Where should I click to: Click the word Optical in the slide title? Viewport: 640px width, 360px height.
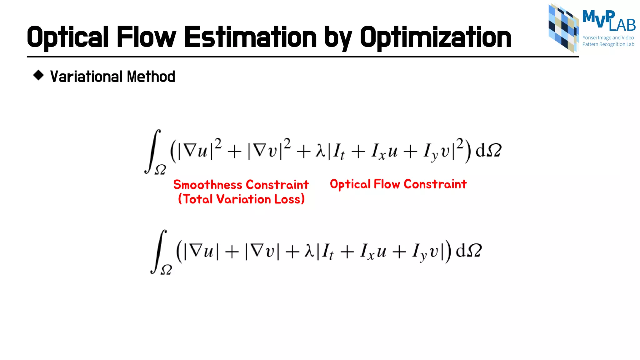(x=67, y=37)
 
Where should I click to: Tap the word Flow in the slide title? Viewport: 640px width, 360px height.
(x=146, y=37)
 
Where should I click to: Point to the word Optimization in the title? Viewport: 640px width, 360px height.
(x=436, y=37)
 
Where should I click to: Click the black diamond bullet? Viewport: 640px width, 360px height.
(x=38, y=75)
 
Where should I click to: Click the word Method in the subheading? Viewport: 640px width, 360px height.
(x=151, y=77)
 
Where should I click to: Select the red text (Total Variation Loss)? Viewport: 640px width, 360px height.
(x=241, y=199)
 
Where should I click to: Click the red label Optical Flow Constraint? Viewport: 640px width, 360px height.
(x=398, y=184)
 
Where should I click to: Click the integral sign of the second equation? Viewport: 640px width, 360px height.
(x=159, y=251)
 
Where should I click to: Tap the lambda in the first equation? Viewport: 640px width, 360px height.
(x=321, y=151)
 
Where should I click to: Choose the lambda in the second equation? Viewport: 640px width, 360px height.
(x=309, y=251)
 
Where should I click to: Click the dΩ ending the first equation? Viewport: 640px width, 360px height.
(x=488, y=150)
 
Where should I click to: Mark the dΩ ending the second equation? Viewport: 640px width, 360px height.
(x=469, y=251)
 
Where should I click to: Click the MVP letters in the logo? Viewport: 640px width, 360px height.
(x=598, y=17)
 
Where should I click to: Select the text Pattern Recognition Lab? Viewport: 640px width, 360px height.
(x=608, y=44)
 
